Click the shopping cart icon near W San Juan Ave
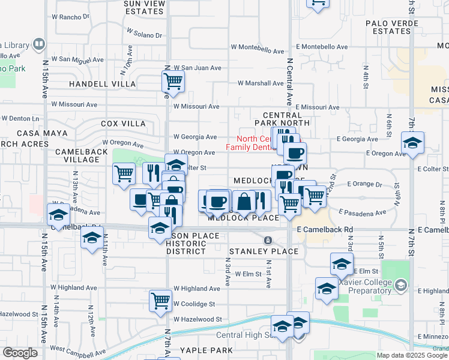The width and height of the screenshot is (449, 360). (173, 81)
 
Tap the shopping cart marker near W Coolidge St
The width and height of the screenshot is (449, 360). (160, 300)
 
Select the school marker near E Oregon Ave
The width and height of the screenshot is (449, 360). (412, 143)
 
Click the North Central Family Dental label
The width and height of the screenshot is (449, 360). (253, 142)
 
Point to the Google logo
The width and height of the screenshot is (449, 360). (20, 353)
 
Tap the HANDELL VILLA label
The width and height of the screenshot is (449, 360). (103, 84)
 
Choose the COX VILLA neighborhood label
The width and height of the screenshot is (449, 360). (123, 123)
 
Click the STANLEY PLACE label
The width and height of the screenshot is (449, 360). (264, 251)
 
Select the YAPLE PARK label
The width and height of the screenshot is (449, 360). (208, 350)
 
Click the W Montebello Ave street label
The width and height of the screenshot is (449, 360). (255, 47)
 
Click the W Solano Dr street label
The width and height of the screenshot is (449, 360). (144, 32)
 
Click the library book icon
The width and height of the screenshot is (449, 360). (39, 44)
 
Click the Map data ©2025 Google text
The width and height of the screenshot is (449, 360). (412, 355)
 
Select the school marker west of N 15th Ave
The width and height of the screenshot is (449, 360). (58, 215)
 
